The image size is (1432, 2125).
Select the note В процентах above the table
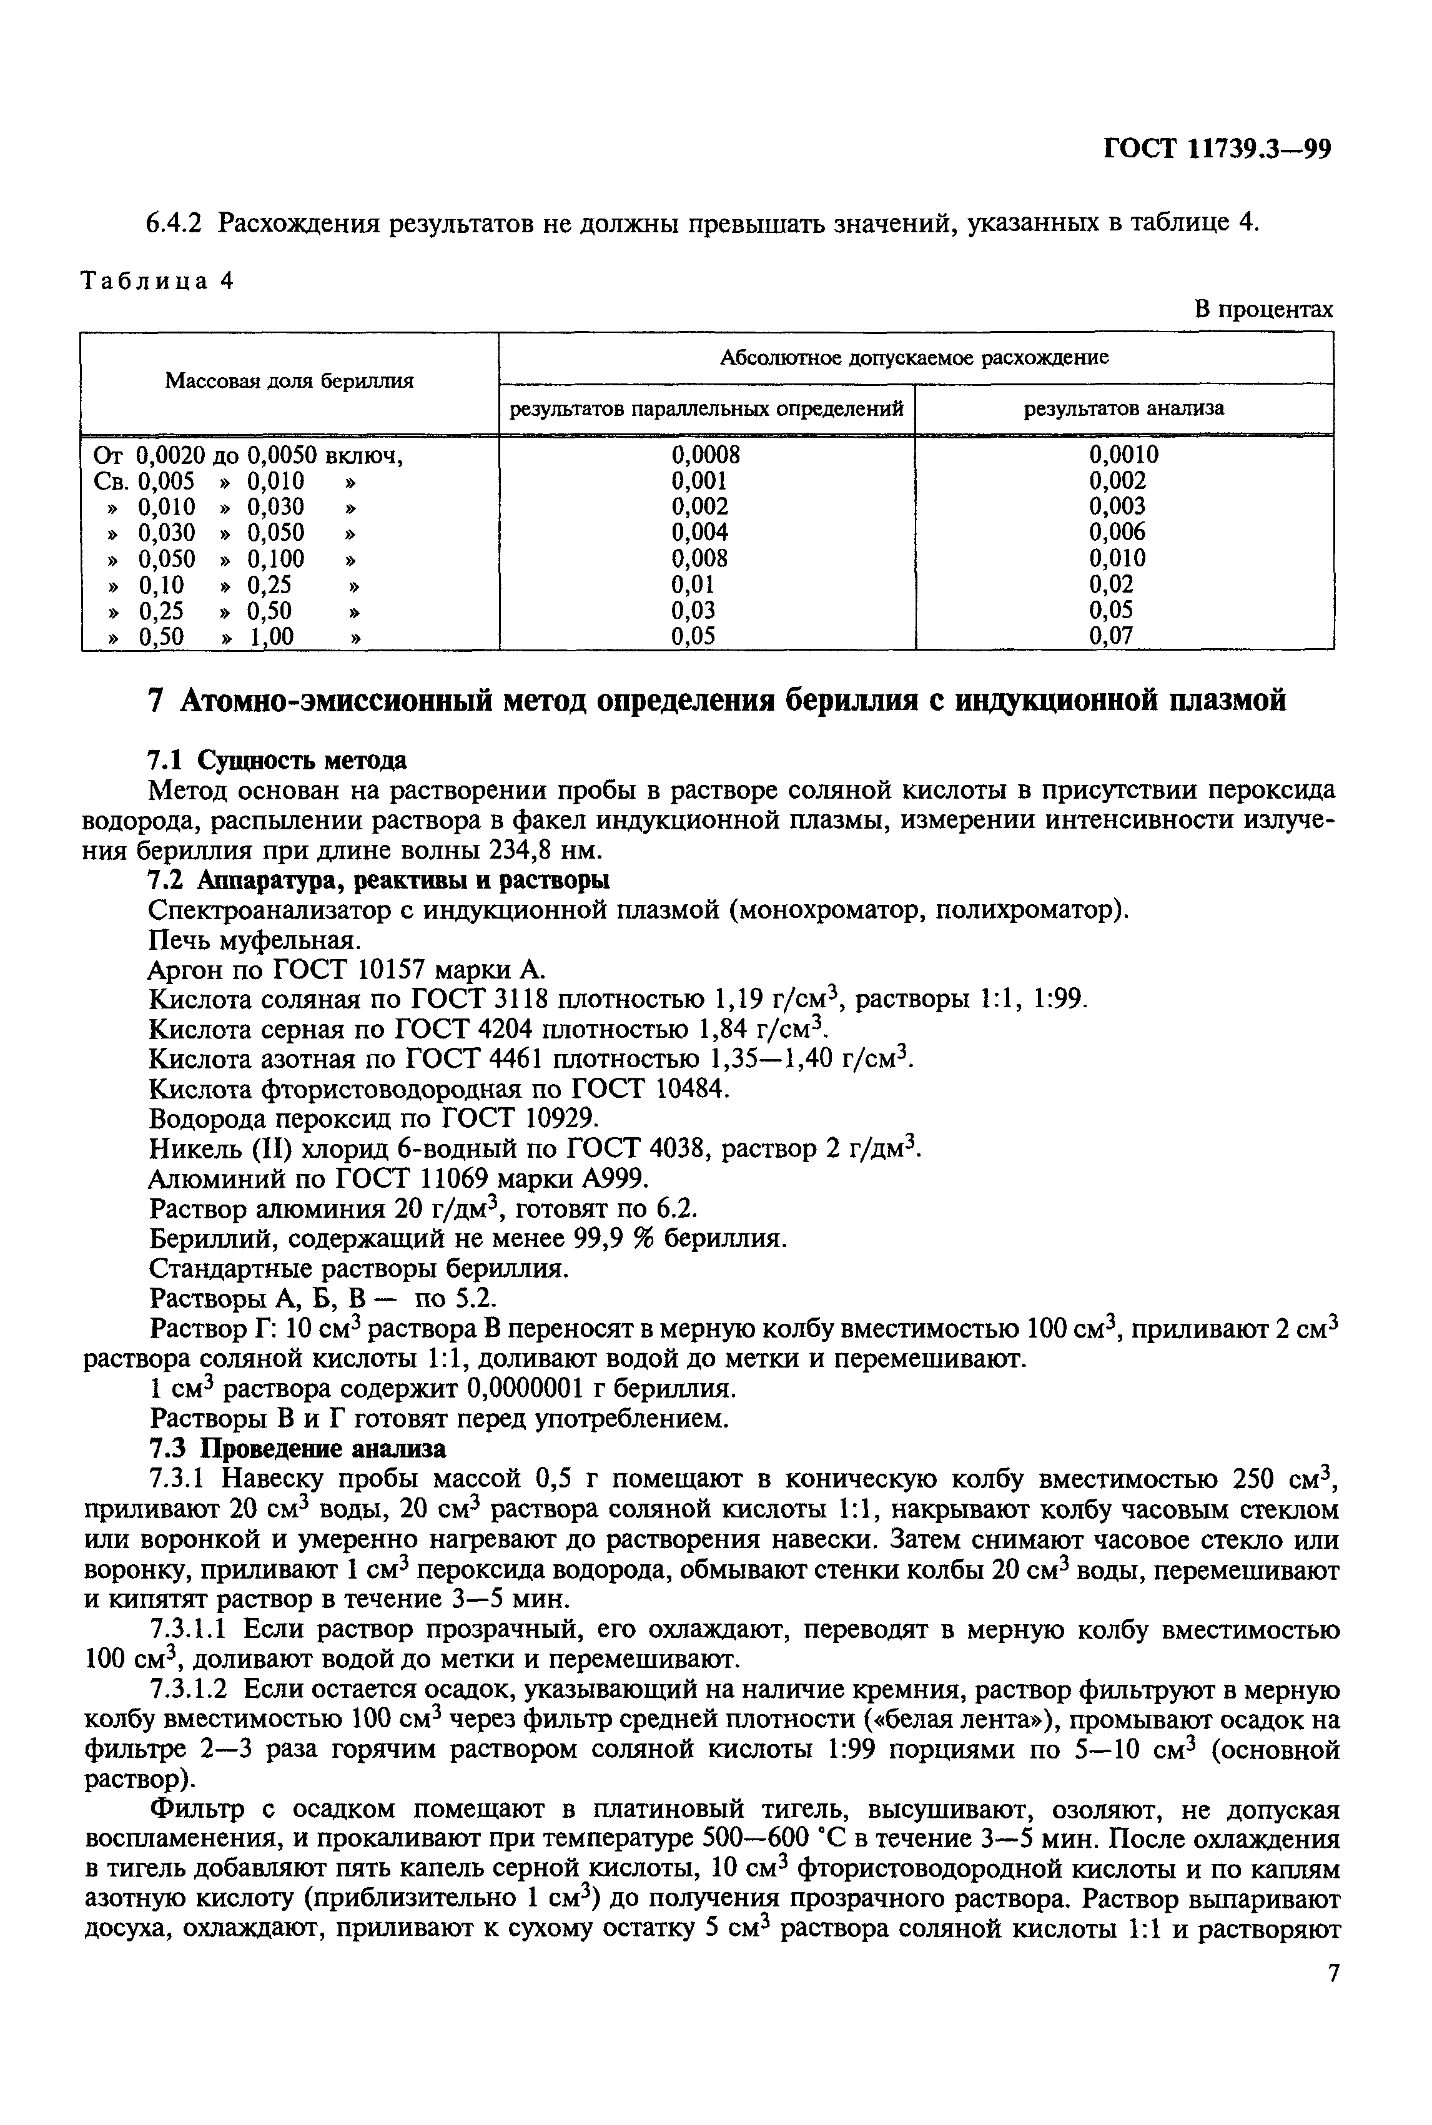(x=1264, y=310)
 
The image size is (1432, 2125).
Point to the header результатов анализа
(x=1123, y=408)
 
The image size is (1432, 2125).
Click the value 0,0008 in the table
(x=705, y=455)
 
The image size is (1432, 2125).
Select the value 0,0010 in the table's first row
(x=1123, y=455)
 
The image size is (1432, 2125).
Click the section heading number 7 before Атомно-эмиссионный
(x=156, y=701)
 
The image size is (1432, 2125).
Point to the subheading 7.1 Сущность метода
(x=277, y=760)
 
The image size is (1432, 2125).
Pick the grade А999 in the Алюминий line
(x=614, y=1179)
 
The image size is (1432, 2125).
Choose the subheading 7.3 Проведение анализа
(x=297, y=1449)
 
